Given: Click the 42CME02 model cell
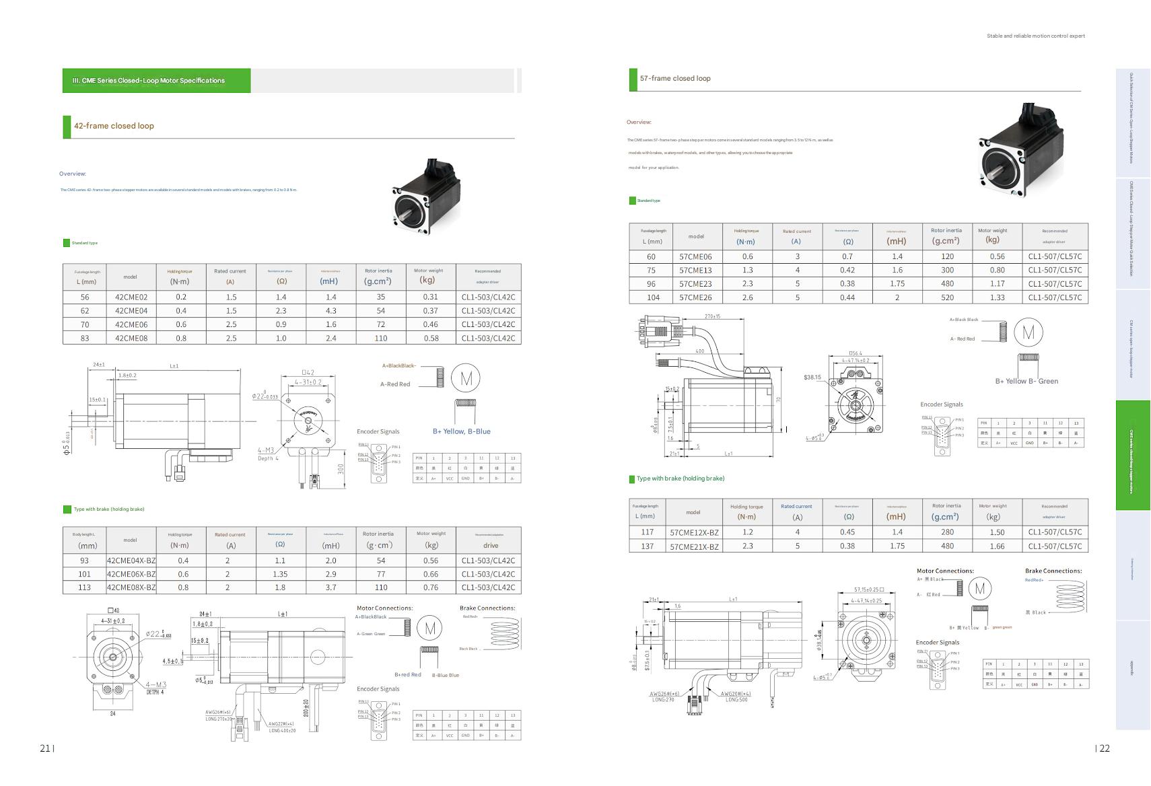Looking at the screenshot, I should point(131,297).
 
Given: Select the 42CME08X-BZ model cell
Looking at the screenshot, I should point(131,587).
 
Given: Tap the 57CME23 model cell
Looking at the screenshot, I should point(695,284).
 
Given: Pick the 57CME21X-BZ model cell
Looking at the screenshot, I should point(694,546).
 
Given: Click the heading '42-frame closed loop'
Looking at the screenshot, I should point(114,126).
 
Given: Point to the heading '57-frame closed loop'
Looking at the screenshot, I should point(675,78).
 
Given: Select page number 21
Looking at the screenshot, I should point(45,748).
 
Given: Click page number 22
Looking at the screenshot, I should point(1105,748).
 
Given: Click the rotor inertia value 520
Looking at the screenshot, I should point(947,297).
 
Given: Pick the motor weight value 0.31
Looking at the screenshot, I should point(430,297).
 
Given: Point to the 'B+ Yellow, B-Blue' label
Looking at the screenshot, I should point(461,431).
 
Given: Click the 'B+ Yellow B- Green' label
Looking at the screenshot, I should point(1026,381).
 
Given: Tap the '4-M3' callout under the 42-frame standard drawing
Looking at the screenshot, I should point(266,450).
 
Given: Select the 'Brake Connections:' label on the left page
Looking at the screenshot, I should point(487,608).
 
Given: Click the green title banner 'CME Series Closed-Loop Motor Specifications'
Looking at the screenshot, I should point(149,81).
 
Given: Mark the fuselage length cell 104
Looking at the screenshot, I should point(651,297).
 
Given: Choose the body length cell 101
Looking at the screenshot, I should point(84,574).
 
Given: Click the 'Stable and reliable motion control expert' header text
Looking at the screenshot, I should point(1035,36).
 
